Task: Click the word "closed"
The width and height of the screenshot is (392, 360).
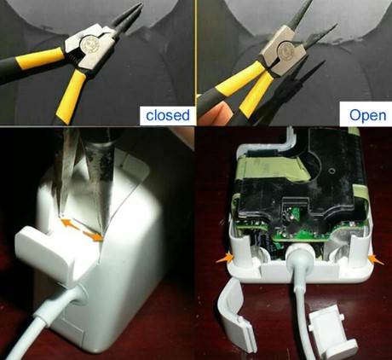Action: click(168, 115)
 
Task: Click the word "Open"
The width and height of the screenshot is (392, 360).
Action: click(367, 116)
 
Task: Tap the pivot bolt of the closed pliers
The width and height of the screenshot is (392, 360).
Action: click(89, 44)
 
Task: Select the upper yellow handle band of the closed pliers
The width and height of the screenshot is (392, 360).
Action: click(40, 58)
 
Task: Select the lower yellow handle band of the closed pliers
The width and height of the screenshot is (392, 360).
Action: click(70, 96)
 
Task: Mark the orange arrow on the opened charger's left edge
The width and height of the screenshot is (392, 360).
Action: click(225, 258)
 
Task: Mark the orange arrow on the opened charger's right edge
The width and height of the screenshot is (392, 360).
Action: click(376, 259)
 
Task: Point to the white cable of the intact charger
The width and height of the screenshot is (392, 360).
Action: click(40, 317)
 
